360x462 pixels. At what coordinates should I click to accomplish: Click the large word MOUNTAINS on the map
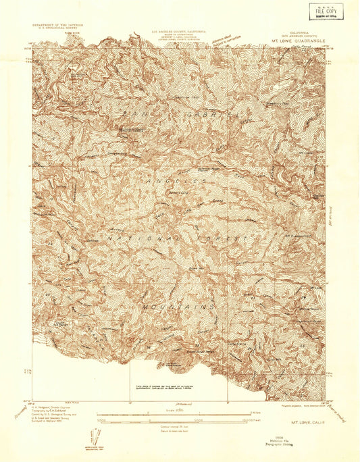point(178,305)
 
